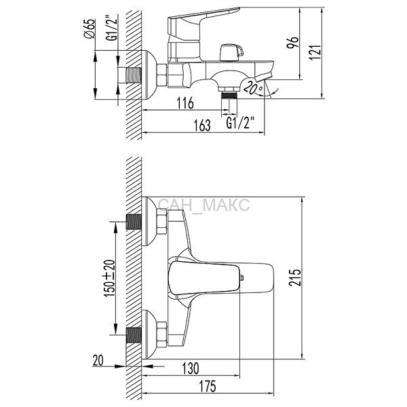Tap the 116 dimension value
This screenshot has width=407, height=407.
pos(185,103)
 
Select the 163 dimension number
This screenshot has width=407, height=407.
pos(202,125)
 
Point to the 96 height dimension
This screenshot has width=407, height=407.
pos(292,42)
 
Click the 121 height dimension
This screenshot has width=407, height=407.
pos(315,52)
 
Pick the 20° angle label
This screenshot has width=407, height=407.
pos(253,88)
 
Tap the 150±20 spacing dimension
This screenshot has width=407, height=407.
pos(109,278)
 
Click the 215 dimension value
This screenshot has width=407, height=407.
pos(295,277)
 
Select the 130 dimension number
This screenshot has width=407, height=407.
pos(191,368)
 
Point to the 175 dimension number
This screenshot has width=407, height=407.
pos(208,386)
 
